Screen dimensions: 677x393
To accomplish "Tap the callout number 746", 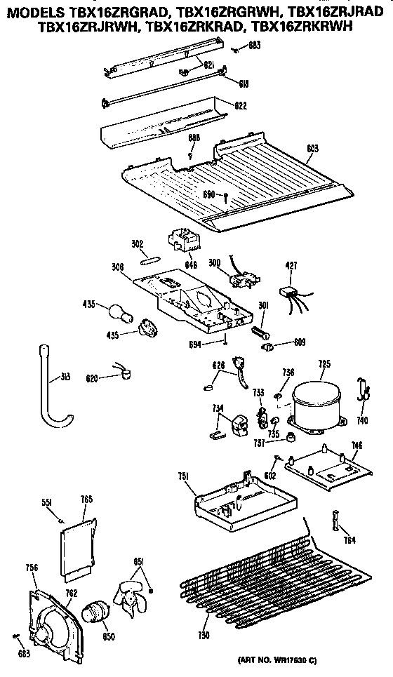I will [357, 445].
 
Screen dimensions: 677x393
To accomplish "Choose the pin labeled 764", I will [336, 523].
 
